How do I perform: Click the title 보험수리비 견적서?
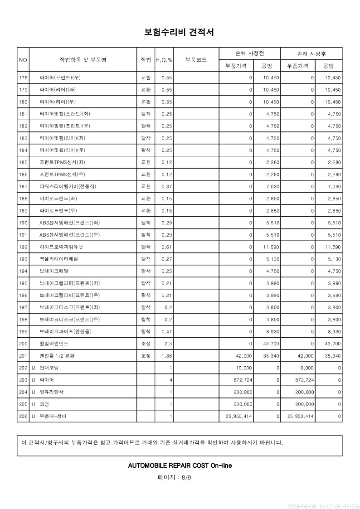click(180, 33)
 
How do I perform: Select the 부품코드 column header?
click(196, 59)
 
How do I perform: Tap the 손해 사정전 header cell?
click(249, 53)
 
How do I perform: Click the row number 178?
click(24, 78)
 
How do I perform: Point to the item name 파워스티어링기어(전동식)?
click(68, 186)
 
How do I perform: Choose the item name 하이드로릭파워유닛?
click(61, 247)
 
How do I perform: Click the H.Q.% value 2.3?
click(168, 344)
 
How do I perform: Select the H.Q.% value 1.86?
click(166, 356)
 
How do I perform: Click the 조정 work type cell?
click(146, 344)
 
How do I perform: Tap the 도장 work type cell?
click(146, 356)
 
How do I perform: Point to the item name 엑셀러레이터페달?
click(59, 259)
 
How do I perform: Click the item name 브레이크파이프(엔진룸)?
click(66, 331)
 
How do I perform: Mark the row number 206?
click(24, 416)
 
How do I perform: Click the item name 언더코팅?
click(49, 368)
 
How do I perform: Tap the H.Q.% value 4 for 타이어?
click(170, 380)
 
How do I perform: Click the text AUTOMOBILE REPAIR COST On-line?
click(180, 465)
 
